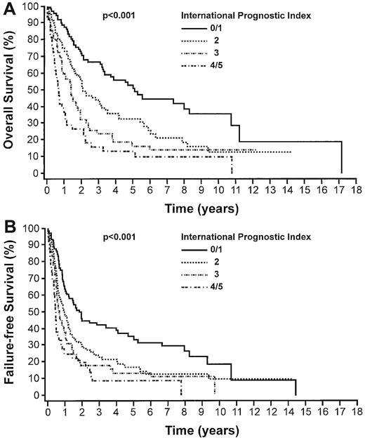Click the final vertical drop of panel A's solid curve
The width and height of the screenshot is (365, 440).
pos(341,158)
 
